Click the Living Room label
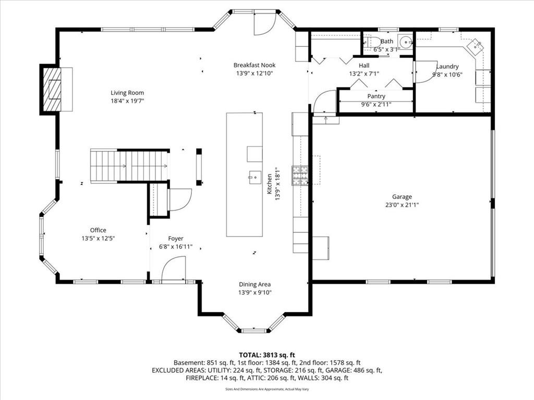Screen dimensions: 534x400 [127, 93]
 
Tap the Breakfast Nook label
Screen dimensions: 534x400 [254, 65]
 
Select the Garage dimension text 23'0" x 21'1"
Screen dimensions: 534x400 [402, 205]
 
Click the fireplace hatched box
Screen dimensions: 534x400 [51, 89]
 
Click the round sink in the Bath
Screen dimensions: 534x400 [406, 43]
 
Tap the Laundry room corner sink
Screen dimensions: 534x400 [476, 46]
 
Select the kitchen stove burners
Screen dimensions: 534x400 [300, 176]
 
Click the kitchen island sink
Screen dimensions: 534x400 [254, 177]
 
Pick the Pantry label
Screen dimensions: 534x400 [377, 96]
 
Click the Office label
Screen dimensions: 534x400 [98, 230]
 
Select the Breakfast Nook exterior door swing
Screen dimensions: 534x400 [264, 23]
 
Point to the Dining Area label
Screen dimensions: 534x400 [254, 284]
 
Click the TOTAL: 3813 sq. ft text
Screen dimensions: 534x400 [267, 355]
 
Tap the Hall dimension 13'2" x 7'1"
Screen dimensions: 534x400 [364, 73]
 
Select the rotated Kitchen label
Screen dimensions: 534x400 [270, 184]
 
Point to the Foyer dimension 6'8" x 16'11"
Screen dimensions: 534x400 [176, 246]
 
